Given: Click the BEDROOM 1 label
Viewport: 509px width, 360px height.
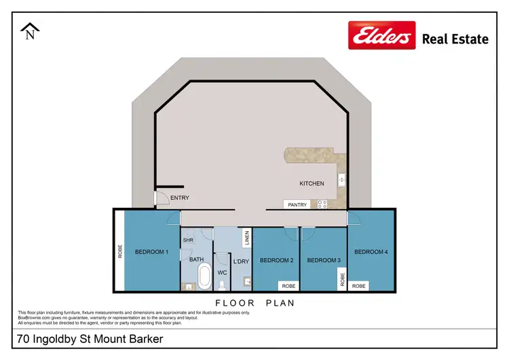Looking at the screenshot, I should pos(151,252).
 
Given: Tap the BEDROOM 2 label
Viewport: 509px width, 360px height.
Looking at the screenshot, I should pos(276,260).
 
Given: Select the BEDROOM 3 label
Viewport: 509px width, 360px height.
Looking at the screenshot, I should pos(324,260).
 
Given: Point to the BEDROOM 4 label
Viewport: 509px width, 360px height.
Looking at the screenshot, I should pos(371,252).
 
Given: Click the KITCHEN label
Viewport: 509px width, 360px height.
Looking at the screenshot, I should pos(312,183).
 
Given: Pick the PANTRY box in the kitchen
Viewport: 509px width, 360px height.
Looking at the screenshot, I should pos(297,204).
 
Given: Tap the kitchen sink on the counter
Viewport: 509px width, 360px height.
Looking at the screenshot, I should pos(342,180).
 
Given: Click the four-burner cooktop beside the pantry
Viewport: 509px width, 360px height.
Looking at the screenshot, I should pos(320,204).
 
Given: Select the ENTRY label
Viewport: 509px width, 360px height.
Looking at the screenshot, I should pos(180,198).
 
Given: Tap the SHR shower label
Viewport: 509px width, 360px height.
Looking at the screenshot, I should pos(188,239).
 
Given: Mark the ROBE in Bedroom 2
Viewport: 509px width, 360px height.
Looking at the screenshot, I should pos(288,286).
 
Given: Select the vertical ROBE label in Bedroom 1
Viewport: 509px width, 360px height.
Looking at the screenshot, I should pos(120,251).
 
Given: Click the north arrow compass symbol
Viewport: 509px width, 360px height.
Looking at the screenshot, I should pos(29,31).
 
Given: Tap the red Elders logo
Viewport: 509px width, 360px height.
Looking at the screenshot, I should pos(381,35).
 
